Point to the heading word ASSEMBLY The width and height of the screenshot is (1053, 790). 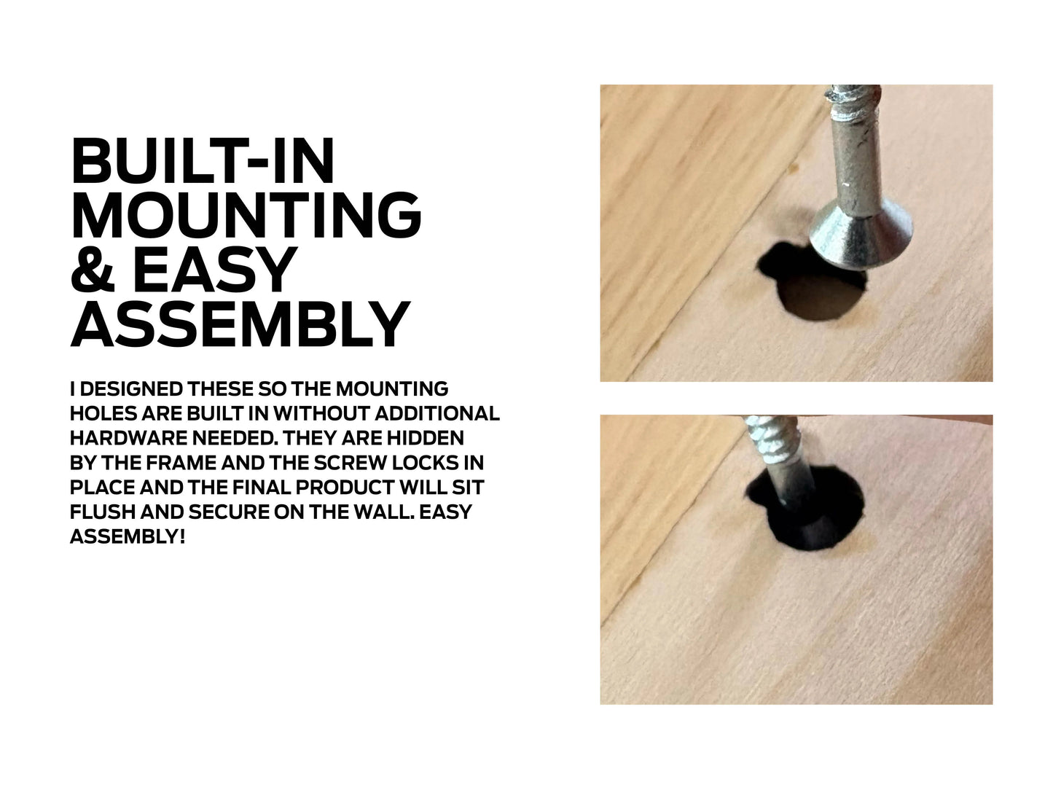pos(240,324)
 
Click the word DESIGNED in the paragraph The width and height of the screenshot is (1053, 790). pos(131,389)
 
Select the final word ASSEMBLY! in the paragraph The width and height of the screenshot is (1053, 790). pos(128,536)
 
